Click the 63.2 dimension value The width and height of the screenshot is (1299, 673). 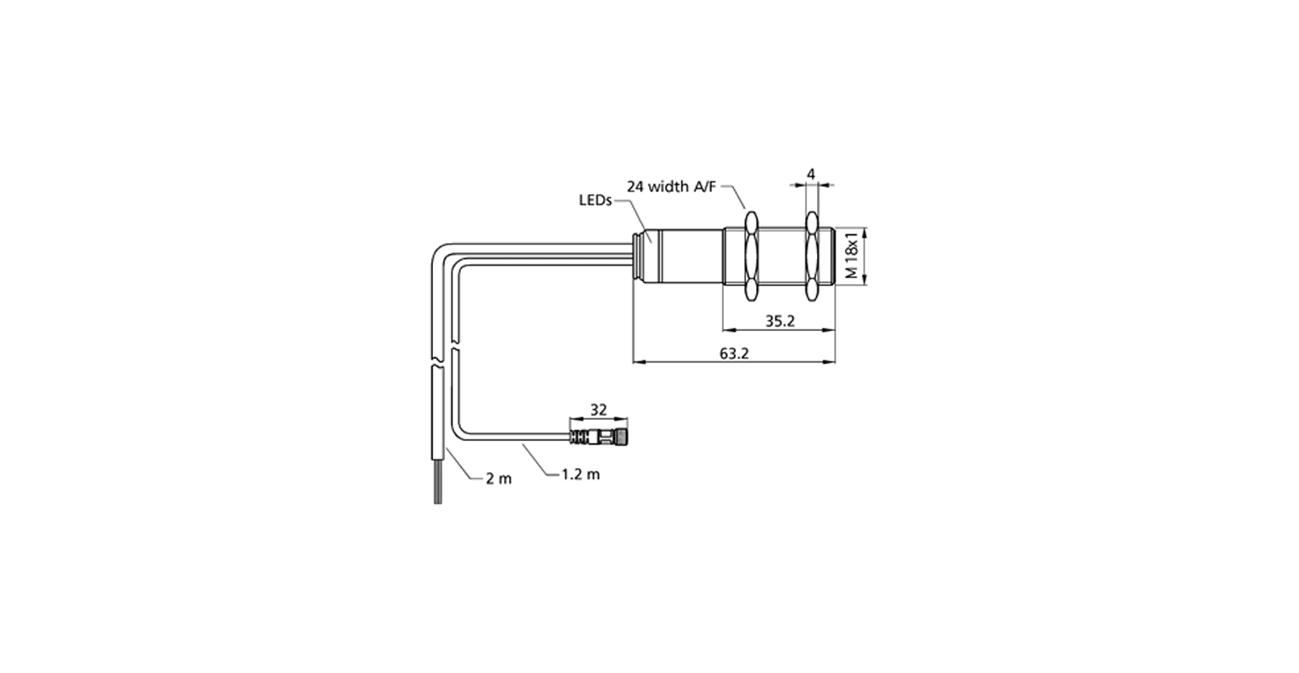tap(734, 354)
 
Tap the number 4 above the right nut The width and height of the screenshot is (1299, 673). tap(811, 174)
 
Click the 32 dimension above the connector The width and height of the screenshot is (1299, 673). tap(598, 410)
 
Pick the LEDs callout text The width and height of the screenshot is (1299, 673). tap(595, 201)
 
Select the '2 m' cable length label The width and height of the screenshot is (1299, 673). tap(499, 478)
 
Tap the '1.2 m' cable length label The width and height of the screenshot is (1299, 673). tap(581, 474)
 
